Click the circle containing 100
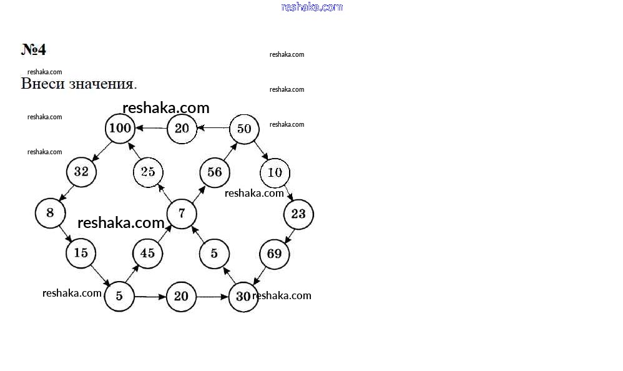[120, 129]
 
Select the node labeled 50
[244, 129]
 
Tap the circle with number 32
[81, 172]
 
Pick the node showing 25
[148, 172]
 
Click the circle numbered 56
[215, 172]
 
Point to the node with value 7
[182, 214]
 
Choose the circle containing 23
[298, 214]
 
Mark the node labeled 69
[275, 254]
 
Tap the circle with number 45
[147, 254]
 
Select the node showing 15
[81, 253]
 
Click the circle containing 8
[51, 213]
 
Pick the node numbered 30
[243, 297]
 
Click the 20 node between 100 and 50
[182, 129]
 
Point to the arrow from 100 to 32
[102, 151]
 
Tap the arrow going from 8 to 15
[66, 234]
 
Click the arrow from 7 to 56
[199, 194]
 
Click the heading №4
[33, 49]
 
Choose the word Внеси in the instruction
[43, 84]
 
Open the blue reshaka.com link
[312, 7]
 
